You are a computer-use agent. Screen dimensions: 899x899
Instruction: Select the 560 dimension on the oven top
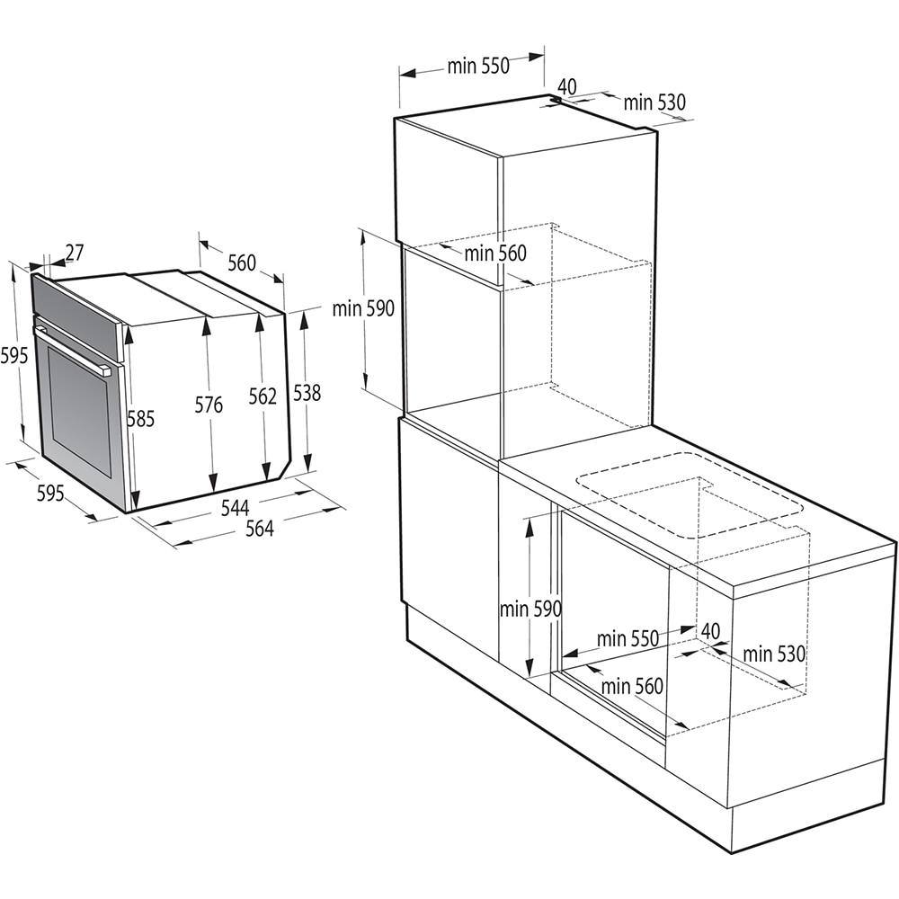[x=241, y=263]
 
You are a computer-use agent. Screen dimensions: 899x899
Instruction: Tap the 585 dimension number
[x=140, y=418]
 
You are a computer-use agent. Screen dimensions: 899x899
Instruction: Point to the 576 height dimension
[x=209, y=405]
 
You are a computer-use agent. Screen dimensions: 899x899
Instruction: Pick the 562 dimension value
[x=263, y=396]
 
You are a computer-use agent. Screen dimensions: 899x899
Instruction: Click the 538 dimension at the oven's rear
[x=307, y=393]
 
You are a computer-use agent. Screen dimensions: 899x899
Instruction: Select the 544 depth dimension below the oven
[x=235, y=509]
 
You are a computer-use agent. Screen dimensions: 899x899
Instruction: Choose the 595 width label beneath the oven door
[x=50, y=493]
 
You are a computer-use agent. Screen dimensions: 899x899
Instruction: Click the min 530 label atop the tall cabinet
[x=654, y=102]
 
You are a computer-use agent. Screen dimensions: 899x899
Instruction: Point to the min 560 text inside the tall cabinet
[x=495, y=254]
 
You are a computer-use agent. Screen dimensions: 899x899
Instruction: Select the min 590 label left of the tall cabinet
[x=363, y=309]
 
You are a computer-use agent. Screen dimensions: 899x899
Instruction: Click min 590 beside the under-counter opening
[x=530, y=609]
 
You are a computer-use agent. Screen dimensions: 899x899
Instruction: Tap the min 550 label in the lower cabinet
[x=628, y=638]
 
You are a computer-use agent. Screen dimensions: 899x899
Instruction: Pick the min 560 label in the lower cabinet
[x=632, y=687]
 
